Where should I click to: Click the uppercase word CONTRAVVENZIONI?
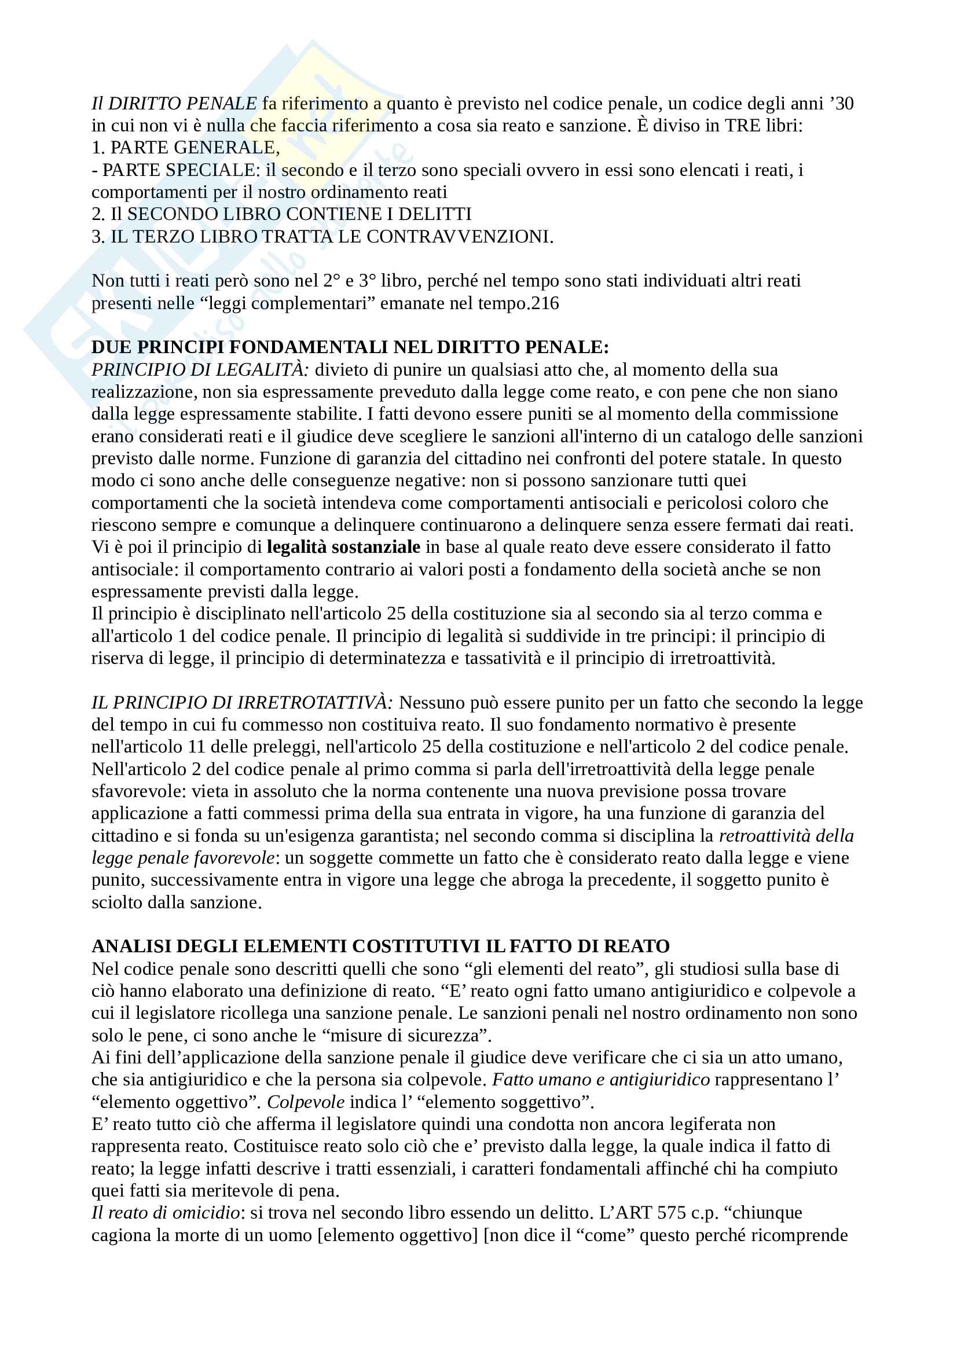[x=459, y=237]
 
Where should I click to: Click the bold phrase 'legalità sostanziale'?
[x=343, y=547]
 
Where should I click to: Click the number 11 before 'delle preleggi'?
[x=196, y=747]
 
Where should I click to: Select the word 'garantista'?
[x=393, y=836]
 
